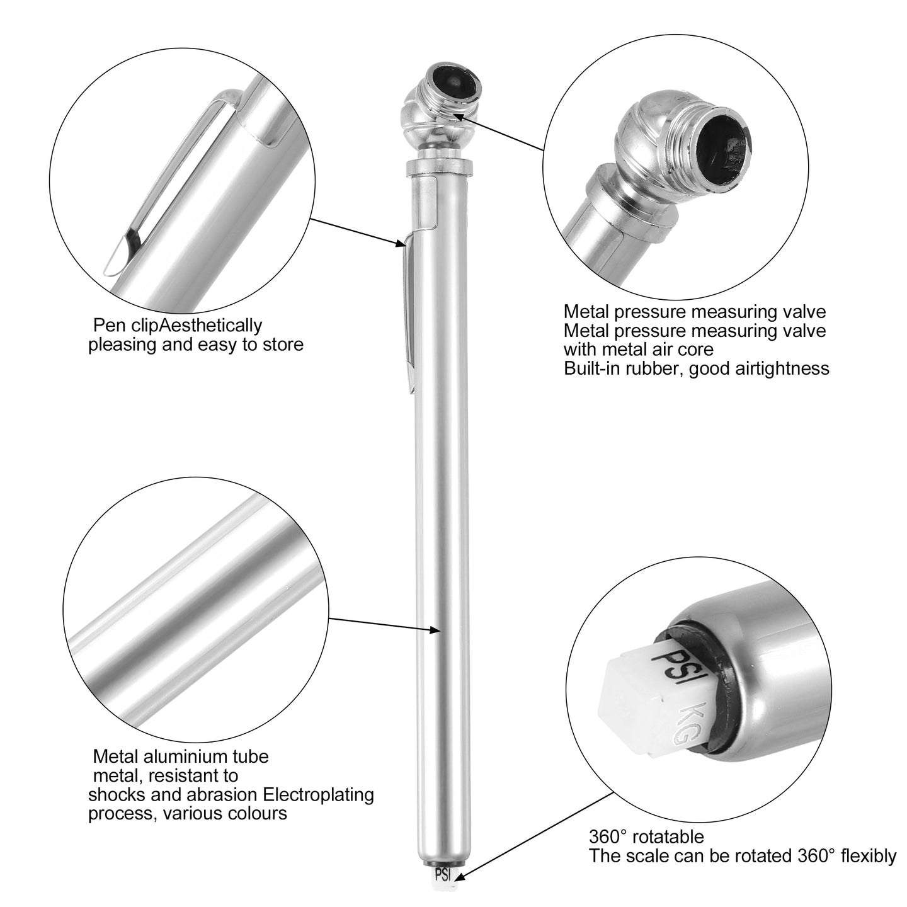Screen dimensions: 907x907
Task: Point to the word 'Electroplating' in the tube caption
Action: (318, 794)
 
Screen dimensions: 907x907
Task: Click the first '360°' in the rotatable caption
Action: (608, 836)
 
